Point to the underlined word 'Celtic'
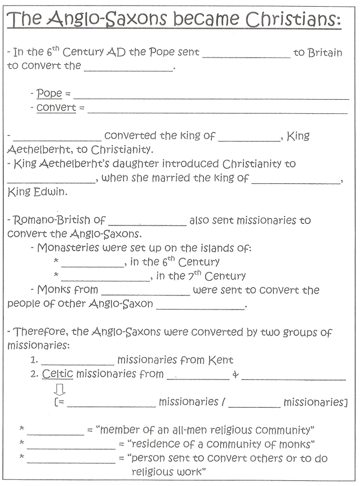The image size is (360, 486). [x=57, y=373]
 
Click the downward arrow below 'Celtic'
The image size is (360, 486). [x=60, y=389]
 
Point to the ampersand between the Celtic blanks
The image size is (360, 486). [x=235, y=374]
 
